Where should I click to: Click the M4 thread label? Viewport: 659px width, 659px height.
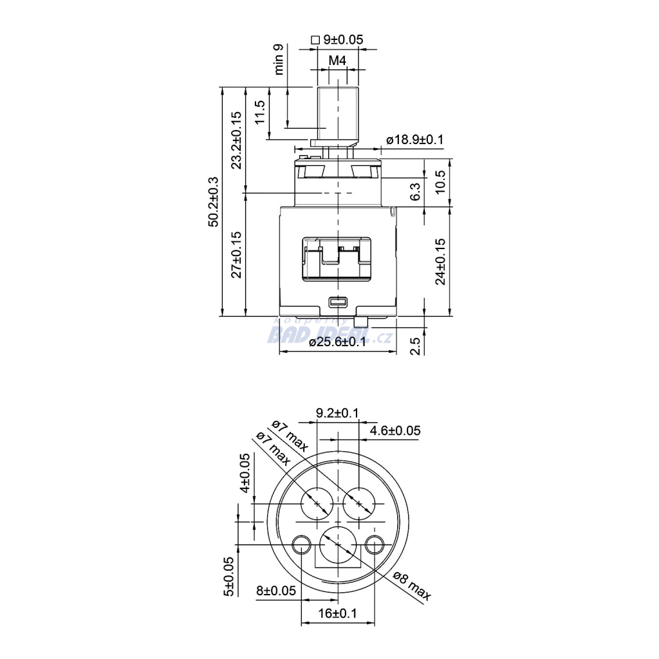(337, 61)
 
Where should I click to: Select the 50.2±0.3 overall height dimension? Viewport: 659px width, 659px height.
(214, 201)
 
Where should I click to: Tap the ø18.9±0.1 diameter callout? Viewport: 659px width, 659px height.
(415, 140)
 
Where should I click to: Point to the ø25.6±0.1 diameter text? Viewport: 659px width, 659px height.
(338, 342)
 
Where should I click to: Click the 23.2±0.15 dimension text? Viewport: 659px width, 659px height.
(237, 140)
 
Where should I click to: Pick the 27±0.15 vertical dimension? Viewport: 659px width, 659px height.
(237, 254)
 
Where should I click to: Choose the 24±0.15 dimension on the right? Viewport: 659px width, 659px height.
(440, 261)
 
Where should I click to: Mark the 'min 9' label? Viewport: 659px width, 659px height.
(278, 59)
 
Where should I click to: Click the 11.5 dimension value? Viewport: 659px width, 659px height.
(260, 112)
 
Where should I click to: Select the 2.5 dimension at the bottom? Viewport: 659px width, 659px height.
(415, 346)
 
